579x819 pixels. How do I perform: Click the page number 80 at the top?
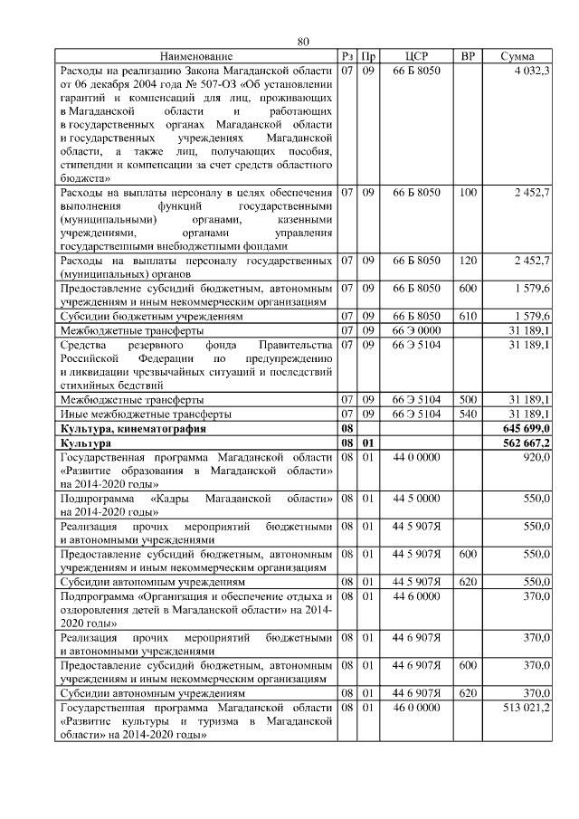click(304, 42)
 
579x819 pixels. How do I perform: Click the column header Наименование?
click(196, 57)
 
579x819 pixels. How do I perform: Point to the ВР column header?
click(468, 57)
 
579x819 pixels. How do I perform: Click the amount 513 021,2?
click(526, 707)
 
